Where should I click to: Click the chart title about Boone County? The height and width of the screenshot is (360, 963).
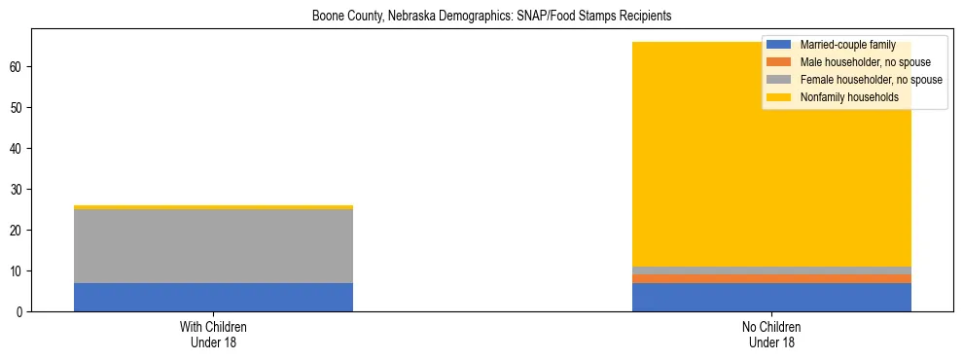pyautogui.click(x=491, y=17)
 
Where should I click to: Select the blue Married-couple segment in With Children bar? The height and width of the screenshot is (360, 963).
pyautogui.click(x=213, y=297)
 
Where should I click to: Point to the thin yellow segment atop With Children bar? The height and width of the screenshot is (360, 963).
pyautogui.click(x=213, y=207)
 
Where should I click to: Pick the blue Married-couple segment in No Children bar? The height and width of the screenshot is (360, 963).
pyautogui.click(x=771, y=297)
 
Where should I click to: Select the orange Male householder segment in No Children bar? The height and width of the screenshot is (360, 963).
pyautogui.click(x=771, y=278)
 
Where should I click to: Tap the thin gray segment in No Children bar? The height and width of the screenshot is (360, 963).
pyautogui.click(x=771, y=270)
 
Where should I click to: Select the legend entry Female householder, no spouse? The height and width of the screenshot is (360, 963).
pyautogui.click(x=861, y=80)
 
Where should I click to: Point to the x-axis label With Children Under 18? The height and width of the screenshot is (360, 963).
pyautogui.click(x=213, y=335)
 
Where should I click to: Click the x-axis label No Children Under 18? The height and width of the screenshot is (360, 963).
pyautogui.click(x=771, y=335)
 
